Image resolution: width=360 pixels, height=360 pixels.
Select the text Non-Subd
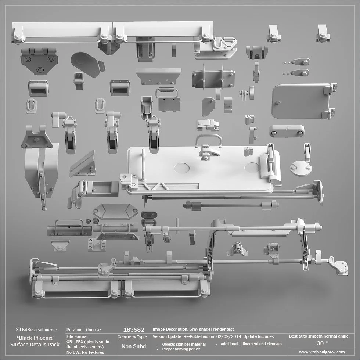[x=133, y=346]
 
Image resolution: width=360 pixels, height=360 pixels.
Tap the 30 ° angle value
[x=322, y=343]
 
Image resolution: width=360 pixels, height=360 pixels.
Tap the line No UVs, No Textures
[x=85, y=352]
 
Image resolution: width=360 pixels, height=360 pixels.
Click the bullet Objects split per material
[x=184, y=344]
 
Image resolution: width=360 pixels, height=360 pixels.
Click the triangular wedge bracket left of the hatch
[x=83, y=164]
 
